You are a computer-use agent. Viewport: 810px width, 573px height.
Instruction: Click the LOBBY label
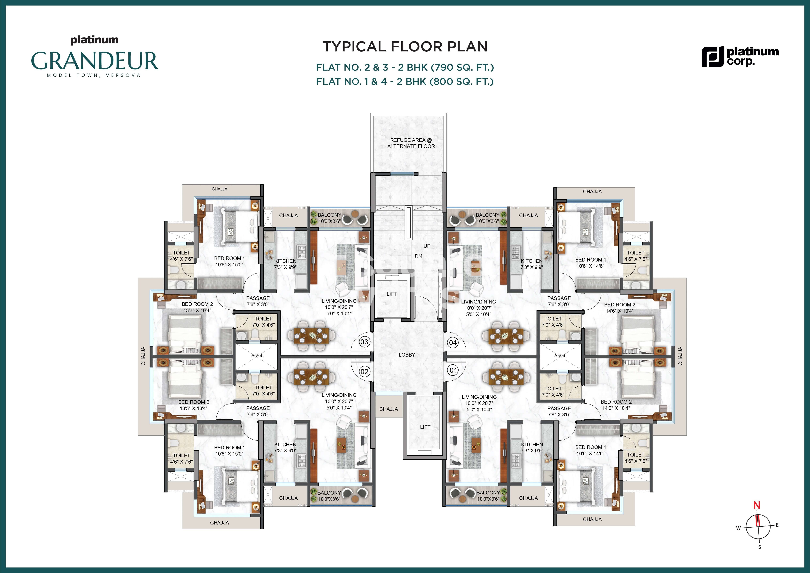(407, 354)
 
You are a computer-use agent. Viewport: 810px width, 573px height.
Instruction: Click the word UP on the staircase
(427, 246)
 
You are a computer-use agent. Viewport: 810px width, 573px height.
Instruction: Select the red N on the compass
(757, 505)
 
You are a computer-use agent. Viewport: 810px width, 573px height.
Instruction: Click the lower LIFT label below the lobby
(425, 427)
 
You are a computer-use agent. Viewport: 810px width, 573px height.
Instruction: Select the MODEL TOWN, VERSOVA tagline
(94, 75)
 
